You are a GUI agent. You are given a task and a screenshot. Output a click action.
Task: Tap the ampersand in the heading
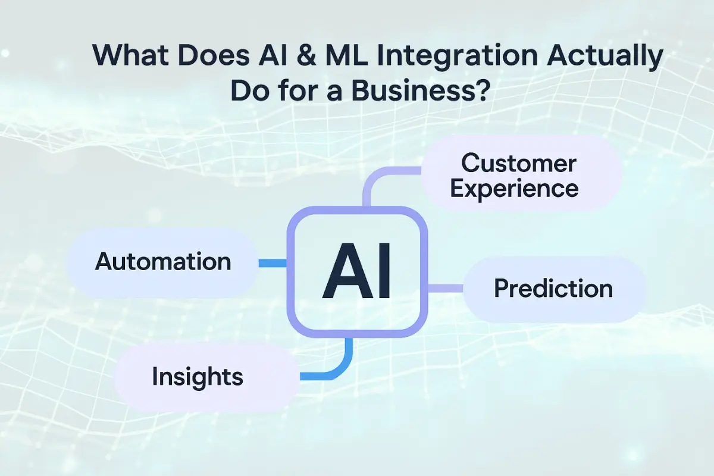point(305,55)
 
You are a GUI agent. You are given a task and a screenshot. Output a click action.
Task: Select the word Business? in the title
point(421,90)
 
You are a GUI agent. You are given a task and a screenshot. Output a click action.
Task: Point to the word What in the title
point(130,55)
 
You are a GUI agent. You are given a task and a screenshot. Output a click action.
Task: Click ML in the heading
point(346,55)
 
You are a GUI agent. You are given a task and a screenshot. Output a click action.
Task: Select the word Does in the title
point(214,55)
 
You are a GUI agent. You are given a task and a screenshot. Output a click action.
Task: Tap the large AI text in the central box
point(356,271)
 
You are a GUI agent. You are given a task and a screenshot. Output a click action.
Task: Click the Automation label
point(163,261)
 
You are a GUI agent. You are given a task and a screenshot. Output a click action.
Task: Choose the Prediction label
point(553,289)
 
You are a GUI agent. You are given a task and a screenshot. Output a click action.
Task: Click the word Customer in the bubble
point(519,163)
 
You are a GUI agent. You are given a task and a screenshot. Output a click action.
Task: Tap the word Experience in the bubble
point(515,189)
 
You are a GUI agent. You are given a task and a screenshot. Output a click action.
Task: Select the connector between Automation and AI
point(273,263)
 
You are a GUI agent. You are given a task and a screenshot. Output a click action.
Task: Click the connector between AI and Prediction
point(445,289)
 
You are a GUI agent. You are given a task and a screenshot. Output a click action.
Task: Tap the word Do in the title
point(249,90)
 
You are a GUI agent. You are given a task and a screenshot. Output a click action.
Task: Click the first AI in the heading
point(273,55)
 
